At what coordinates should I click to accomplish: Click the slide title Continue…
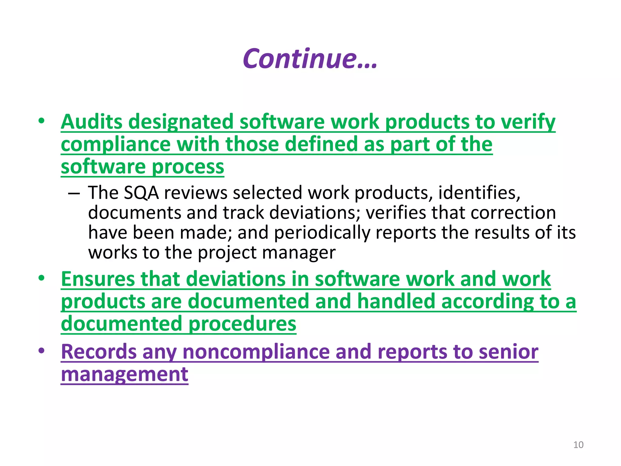pyautogui.click(x=310, y=59)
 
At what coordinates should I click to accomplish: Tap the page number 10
pyautogui.click(x=578, y=445)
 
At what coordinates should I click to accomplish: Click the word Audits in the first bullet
pyautogui.click(x=91, y=122)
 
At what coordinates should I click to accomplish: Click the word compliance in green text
pyautogui.click(x=116, y=144)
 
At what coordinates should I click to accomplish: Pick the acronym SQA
pyautogui.click(x=141, y=193)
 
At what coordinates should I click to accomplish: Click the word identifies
pyautogui.click(x=479, y=193)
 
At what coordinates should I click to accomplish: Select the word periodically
pyautogui.click(x=322, y=233)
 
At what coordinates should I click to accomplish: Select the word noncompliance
pyautogui.click(x=256, y=352)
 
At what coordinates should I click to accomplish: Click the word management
pyautogui.click(x=125, y=374)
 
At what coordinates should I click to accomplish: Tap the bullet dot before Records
pyautogui.click(x=42, y=351)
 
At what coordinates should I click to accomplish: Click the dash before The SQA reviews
pyautogui.click(x=74, y=193)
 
